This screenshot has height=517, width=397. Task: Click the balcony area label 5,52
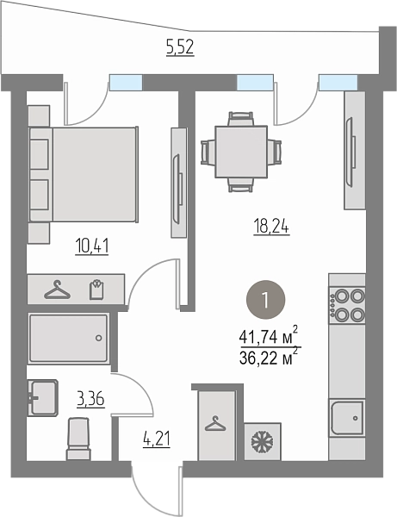(180, 47)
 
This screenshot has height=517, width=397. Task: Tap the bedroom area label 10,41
(92, 246)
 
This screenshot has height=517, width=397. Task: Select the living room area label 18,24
(271, 227)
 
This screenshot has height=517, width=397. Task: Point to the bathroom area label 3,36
(90, 399)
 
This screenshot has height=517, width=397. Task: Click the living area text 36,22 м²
(269, 357)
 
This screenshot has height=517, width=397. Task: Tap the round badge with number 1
(265, 300)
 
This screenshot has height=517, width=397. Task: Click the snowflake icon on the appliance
(263, 442)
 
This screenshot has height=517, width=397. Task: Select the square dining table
(241, 152)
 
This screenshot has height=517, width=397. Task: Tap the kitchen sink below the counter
(347, 418)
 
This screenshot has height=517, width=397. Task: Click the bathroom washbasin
(43, 397)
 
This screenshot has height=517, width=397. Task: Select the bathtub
(68, 338)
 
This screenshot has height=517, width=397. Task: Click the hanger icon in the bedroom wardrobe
(58, 290)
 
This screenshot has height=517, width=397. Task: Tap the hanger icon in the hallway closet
(216, 424)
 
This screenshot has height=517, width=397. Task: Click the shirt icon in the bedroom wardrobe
(96, 290)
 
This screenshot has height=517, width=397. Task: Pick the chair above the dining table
(241, 119)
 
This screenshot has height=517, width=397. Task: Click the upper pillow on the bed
(40, 154)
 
